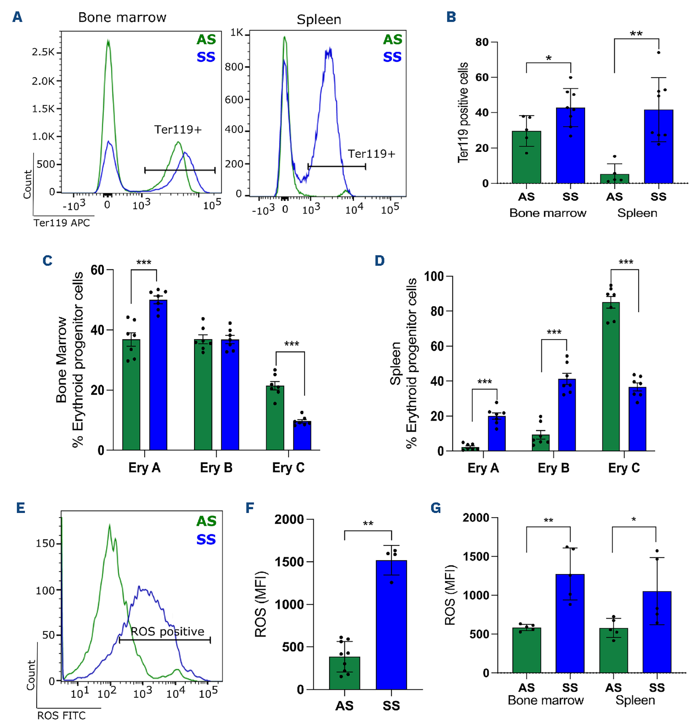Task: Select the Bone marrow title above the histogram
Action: coord(122,18)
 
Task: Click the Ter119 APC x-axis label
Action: coord(62,222)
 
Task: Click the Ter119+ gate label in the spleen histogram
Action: coord(371,154)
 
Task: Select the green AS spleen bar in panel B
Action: coord(614,178)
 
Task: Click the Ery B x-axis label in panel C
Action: coord(216,468)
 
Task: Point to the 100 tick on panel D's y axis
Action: coord(433,276)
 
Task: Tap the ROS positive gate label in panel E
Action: coord(168,632)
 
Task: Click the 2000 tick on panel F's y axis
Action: coord(289,520)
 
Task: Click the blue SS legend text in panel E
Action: coord(206,540)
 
